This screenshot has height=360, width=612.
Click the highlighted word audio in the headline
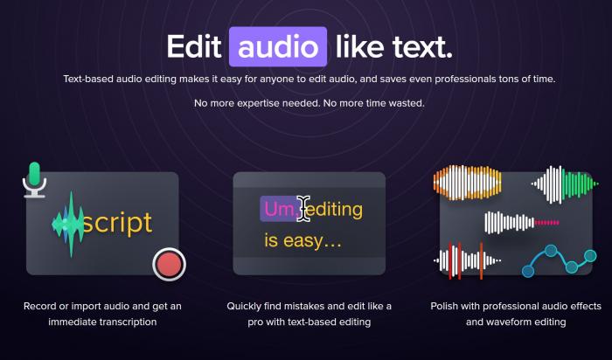(x=278, y=47)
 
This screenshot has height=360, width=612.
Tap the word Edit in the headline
(x=194, y=47)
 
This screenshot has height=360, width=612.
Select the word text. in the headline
(x=422, y=47)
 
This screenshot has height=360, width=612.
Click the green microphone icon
(x=35, y=180)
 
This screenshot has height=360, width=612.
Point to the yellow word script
(x=117, y=223)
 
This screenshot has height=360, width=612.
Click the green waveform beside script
(x=69, y=224)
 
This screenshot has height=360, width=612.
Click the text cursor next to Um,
(x=303, y=209)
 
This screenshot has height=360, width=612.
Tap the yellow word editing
(x=335, y=211)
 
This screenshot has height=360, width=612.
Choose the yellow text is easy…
(x=303, y=240)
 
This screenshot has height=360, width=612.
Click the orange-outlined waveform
(x=467, y=183)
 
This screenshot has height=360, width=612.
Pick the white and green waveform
(x=565, y=184)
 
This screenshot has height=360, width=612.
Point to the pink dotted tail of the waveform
(x=546, y=223)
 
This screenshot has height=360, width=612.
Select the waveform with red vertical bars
(x=467, y=260)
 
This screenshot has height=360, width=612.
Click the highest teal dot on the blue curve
(x=551, y=251)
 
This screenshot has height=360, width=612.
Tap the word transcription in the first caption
(x=127, y=322)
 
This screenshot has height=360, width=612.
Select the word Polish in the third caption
(x=444, y=306)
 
